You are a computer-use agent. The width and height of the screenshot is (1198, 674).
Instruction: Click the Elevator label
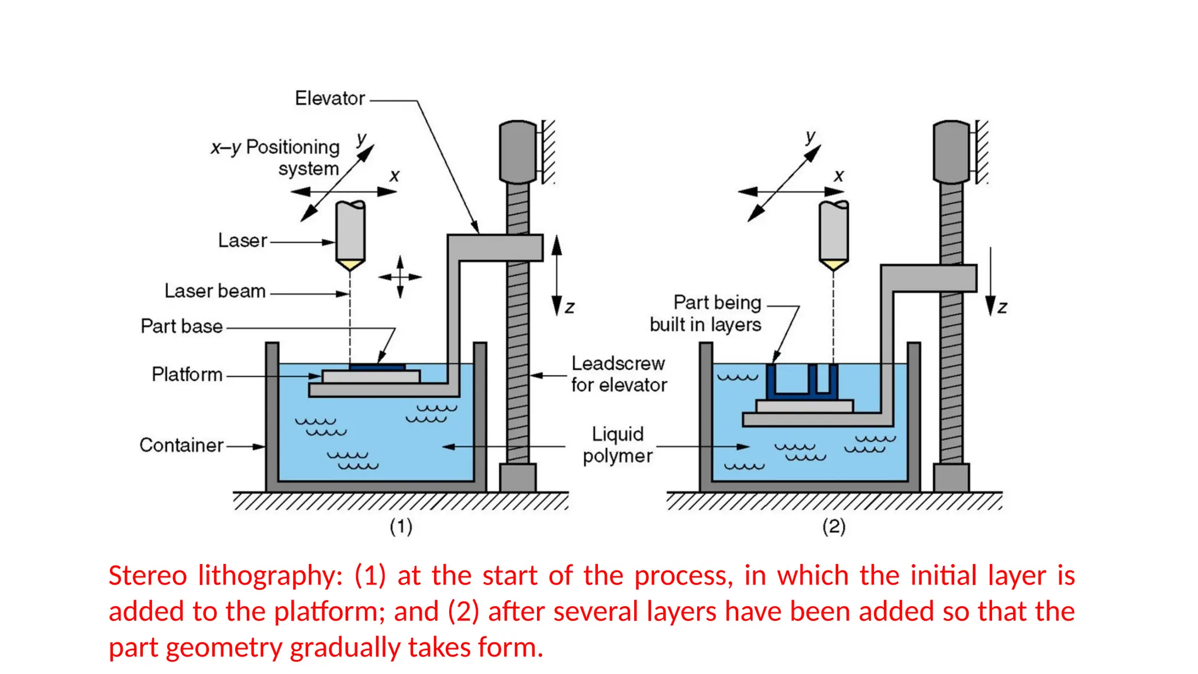(x=330, y=98)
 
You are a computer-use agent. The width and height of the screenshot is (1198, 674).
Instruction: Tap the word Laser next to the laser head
(x=242, y=240)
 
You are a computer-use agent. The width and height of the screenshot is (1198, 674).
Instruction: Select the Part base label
(x=181, y=326)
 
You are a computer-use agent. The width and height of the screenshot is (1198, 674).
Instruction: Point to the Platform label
(x=187, y=374)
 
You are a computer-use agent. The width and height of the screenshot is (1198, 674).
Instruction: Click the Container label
(x=181, y=445)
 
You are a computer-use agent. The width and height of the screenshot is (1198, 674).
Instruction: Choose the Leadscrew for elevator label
(x=618, y=374)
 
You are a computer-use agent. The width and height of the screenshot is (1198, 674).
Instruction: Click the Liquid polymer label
(x=617, y=445)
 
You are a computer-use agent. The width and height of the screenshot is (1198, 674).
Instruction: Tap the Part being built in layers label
(x=705, y=314)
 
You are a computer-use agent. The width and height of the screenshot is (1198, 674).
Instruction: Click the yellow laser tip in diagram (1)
(x=350, y=265)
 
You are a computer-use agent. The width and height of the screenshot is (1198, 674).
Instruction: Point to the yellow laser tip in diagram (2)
(x=834, y=265)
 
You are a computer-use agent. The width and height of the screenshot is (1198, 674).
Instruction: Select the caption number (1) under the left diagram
(x=401, y=527)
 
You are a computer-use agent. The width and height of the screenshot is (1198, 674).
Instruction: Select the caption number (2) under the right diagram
(x=834, y=527)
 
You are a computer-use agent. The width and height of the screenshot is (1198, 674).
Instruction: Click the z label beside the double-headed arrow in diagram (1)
(x=570, y=307)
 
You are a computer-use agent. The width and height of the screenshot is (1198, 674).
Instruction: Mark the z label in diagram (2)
(x=1002, y=307)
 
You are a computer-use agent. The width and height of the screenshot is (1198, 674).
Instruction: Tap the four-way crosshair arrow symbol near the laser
(x=400, y=277)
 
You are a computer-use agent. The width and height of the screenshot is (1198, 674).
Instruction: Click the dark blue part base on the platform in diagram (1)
(x=377, y=367)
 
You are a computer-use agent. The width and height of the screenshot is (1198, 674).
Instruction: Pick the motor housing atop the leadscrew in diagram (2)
(x=951, y=152)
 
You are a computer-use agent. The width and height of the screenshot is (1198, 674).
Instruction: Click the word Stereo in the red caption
(x=147, y=576)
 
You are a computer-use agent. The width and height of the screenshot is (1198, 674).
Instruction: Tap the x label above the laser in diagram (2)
(x=839, y=176)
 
